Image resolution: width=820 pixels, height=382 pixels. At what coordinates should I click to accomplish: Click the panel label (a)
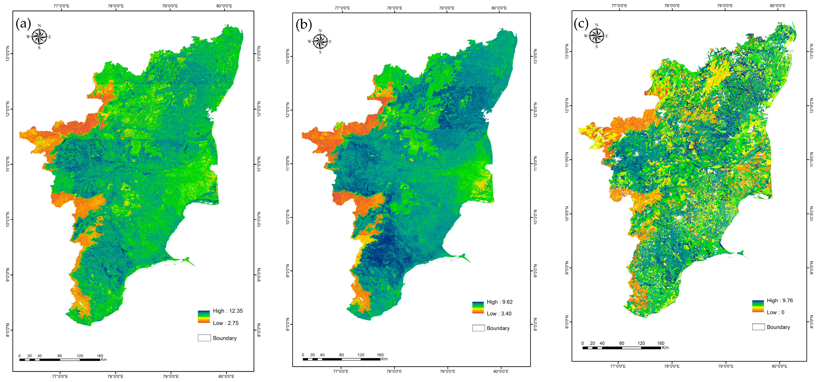click(23, 24)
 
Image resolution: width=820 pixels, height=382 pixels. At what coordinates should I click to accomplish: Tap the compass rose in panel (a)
click(39, 37)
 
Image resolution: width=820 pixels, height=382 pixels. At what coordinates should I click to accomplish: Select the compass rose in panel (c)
click(596, 36)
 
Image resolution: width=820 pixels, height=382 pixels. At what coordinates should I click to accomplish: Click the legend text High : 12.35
click(228, 311)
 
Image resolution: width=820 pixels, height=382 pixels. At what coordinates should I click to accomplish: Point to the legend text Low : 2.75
click(225, 323)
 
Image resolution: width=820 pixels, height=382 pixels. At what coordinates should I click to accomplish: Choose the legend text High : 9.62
click(499, 302)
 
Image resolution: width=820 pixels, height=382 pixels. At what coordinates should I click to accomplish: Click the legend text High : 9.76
click(780, 301)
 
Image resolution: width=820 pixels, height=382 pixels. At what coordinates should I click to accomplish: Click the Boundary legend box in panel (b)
click(478, 328)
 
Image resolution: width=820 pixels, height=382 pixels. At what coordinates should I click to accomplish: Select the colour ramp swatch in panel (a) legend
click(204, 317)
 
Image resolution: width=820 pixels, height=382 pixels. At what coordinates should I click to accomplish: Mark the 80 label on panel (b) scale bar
click(341, 355)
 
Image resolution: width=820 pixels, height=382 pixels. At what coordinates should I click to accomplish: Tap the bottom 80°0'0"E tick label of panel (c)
click(779, 366)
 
